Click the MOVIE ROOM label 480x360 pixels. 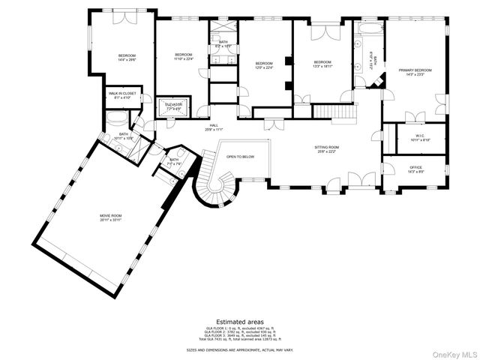(x=111, y=217)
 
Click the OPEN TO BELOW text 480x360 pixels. (x=241, y=157)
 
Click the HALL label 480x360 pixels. (x=214, y=127)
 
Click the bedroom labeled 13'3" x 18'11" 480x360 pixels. (x=322, y=64)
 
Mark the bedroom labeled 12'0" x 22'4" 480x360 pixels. (x=263, y=64)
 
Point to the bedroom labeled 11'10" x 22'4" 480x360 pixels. (x=184, y=57)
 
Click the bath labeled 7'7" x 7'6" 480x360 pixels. (x=174, y=161)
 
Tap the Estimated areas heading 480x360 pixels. (x=240, y=321)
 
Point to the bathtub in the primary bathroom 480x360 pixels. (x=367, y=29)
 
